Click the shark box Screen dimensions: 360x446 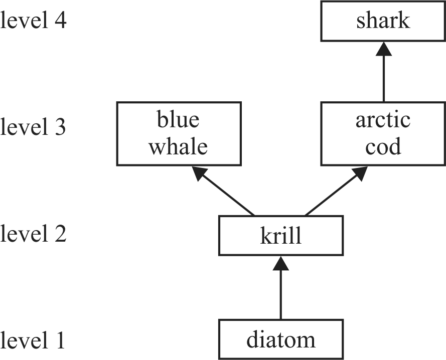point(383,21)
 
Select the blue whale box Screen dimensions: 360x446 point(179,133)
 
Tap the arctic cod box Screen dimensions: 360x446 point(383,133)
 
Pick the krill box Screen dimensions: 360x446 point(281,236)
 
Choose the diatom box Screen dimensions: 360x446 point(281,339)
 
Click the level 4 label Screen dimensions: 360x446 point(33,22)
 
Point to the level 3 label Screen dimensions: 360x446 point(33,128)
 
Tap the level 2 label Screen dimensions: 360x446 point(33,234)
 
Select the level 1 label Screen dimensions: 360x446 point(33,340)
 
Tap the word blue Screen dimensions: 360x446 point(179,120)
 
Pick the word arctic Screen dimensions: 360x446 point(383,120)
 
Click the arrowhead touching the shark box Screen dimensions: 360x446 point(383,49)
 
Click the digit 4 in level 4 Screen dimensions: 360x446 point(60,22)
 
